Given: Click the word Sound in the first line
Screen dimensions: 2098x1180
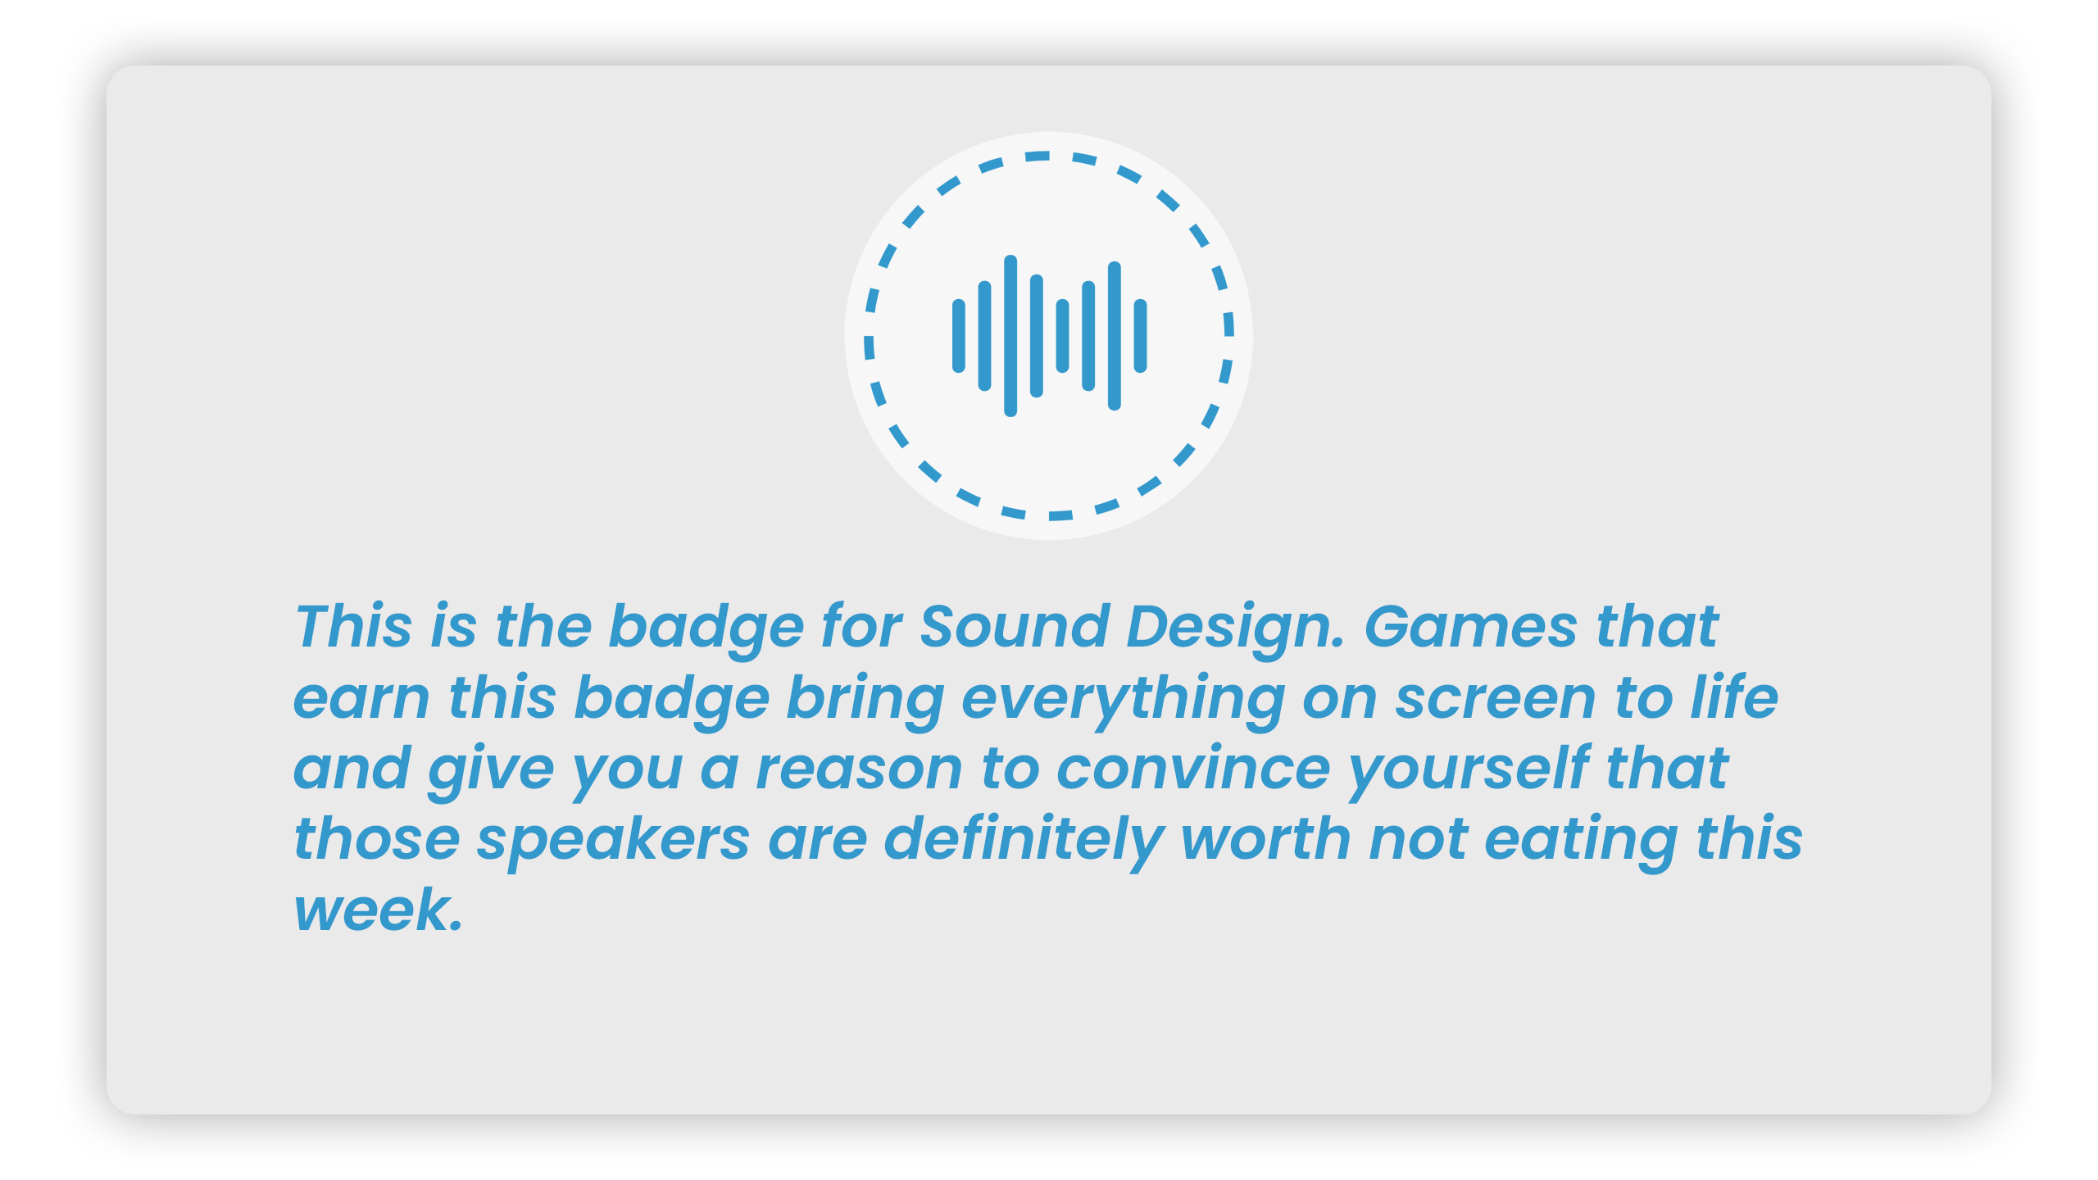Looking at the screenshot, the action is [1015, 627].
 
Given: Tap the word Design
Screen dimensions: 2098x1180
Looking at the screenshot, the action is [1236, 630].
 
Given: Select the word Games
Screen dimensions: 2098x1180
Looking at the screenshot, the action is [1470, 627].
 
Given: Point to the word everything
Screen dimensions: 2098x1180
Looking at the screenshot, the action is [1122, 701].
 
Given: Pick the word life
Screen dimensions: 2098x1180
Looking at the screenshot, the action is [1735, 697].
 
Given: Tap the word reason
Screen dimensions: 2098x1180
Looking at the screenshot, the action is [859, 770].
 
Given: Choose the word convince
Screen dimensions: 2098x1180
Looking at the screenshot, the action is [1193, 770].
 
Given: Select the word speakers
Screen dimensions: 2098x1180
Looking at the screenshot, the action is [613, 842].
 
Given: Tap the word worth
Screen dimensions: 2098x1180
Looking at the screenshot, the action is [1266, 840].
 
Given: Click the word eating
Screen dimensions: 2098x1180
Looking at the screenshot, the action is [1581, 842].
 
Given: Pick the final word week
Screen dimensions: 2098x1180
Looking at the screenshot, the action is [379, 910].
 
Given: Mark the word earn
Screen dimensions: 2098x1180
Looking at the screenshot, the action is [361, 700].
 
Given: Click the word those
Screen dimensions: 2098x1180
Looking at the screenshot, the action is [377, 840].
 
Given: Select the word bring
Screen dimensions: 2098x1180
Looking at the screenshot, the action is [865, 701].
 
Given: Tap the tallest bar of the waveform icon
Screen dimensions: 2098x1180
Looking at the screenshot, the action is [1010, 336].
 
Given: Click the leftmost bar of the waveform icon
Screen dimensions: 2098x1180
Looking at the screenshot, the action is [958, 336].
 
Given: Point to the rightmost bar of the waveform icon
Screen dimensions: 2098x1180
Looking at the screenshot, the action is [1140, 336].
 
